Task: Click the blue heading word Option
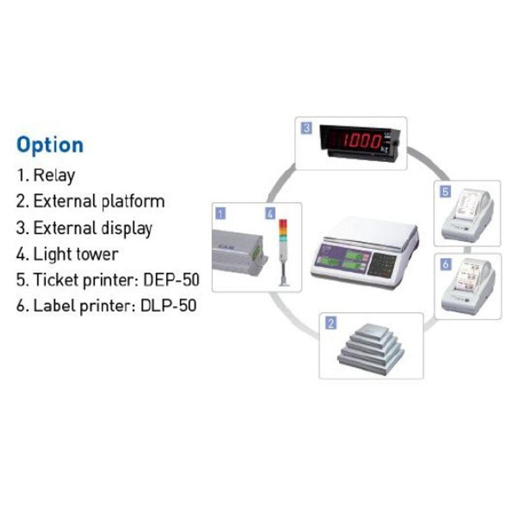point(50,145)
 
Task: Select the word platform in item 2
point(133,201)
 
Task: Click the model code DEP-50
point(171,280)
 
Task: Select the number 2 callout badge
point(331,324)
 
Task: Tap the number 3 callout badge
point(307,128)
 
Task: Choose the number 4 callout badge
point(270,214)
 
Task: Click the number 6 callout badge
point(445,264)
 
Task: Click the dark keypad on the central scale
point(382,263)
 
